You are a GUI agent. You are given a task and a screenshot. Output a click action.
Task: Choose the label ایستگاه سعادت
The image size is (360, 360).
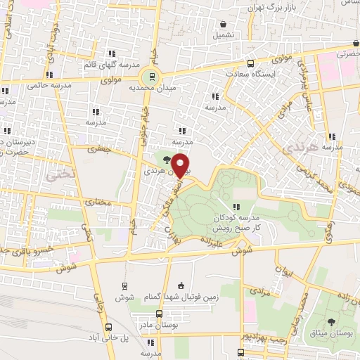(250, 73)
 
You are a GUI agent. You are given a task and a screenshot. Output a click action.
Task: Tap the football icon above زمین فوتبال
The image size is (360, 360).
(181, 285)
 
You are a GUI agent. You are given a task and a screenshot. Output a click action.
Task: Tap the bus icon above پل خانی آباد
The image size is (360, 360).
(108, 326)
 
